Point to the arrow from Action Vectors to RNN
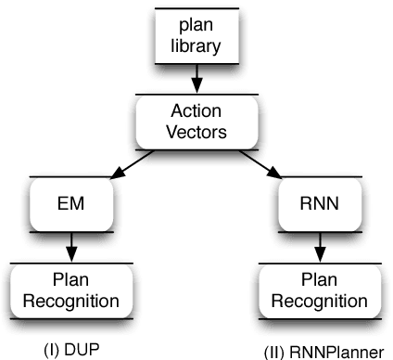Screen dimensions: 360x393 [x=260, y=164]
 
